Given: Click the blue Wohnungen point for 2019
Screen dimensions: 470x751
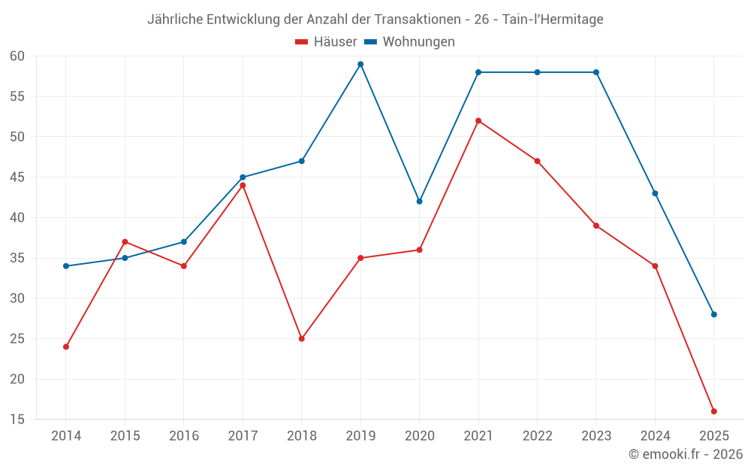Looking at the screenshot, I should pyautogui.click(x=360, y=64).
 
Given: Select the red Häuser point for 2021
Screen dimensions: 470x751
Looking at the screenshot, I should pyautogui.click(x=478, y=120).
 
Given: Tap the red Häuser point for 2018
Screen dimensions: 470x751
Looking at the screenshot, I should pyautogui.click(x=302, y=338).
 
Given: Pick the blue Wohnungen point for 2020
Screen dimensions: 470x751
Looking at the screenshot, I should pyautogui.click(x=419, y=201).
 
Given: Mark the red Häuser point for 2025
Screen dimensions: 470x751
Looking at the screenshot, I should pyautogui.click(x=713, y=411).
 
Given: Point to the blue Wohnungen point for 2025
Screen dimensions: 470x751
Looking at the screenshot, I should pyautogui.click(x=713, y=314).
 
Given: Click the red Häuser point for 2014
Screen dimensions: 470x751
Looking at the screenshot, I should pyautogui.click(x=66, y=347).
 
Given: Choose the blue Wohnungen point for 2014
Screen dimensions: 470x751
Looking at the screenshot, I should pyautogui.click(x=66, y=266).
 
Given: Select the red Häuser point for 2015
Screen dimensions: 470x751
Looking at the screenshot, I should pyautogui.click(x=125, y=241).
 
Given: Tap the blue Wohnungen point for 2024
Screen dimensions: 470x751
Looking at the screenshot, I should pyautogui.click(x=655, y=193).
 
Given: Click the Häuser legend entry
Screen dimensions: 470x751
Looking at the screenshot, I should pyautogui.click(x=326, y=42).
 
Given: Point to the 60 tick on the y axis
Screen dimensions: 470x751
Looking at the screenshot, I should pyautogui.click(x=17, y=56).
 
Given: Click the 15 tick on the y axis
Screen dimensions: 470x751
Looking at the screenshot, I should pyautogui.click(x=17, y=419).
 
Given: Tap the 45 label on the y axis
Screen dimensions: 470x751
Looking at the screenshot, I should pyautogui.click(x=17, y=177).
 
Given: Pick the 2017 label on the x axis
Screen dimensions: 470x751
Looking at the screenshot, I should pyautogui.click(x=243, y=436).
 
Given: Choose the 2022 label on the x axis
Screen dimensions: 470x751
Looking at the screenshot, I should pyautogui.click(x=537, y=436).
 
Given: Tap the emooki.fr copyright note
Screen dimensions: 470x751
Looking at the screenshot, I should pyautogui.click(x=686, y=454).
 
